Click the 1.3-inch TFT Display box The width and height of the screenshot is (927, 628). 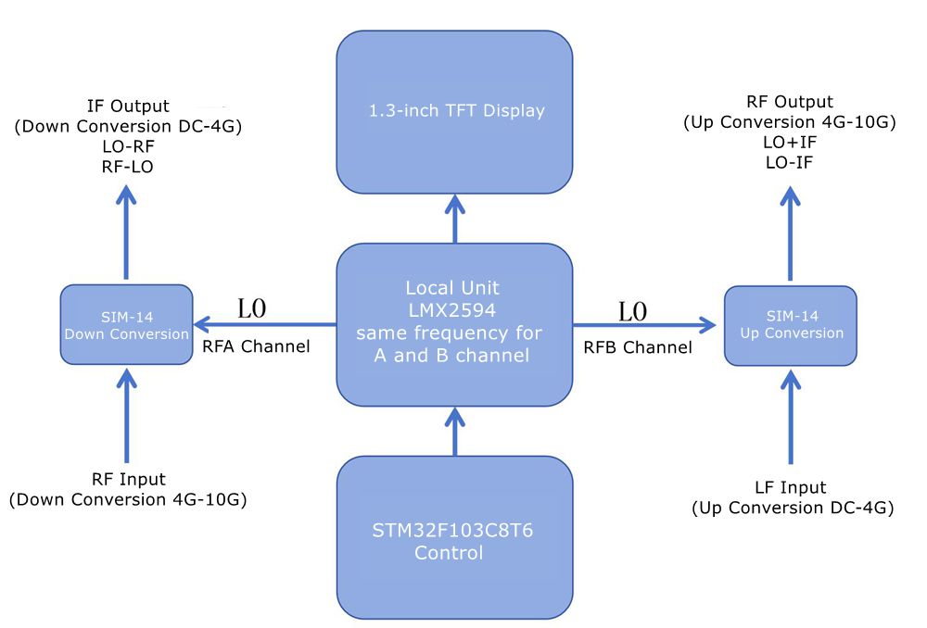tap(454, 111)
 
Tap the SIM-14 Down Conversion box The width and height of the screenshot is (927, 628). tap(125, 325)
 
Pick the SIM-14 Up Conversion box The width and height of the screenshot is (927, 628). tap(791, 325)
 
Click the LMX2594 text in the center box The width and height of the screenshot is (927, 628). tap(454, 309)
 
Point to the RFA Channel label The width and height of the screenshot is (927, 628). tap(255, 347)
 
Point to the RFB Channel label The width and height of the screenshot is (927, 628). tap(637, 347)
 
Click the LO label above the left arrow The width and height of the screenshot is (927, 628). tap(252, 309)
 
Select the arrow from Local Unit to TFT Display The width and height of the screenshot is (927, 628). tap(454, 219)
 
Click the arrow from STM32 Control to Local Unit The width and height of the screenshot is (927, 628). tap(454, 432)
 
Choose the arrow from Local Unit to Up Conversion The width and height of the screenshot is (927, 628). tap(644, 325)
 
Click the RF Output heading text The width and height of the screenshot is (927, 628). tap(790, 102)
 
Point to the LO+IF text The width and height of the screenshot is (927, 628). tap(790, 143)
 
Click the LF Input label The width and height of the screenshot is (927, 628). tap(791, 487)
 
